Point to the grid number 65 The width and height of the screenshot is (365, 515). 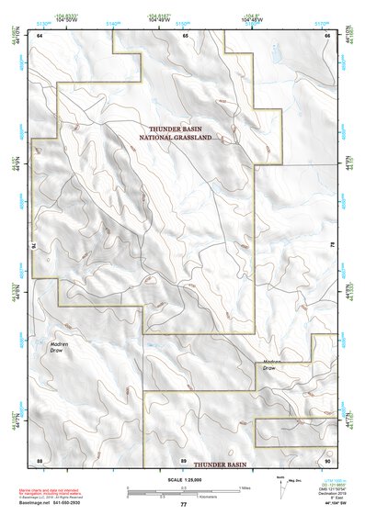pos(185,34)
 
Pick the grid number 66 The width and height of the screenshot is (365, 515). pos(327,34)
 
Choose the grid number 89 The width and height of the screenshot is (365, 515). pos(184,459)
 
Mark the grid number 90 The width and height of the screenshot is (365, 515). pos(327,459)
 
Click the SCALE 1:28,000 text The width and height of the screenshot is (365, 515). pos(183,479)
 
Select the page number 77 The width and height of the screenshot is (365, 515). pos(183,505)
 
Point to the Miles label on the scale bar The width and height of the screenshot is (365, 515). pos(243,487)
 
